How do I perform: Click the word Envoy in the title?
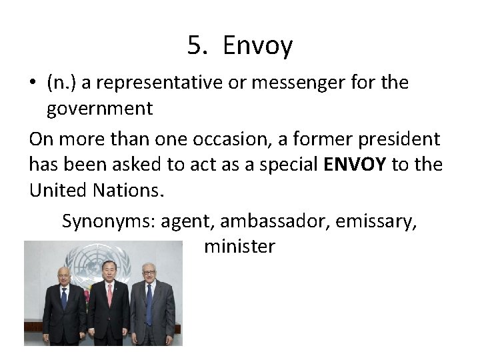[x=258, y=46]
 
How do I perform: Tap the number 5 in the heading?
[x=195, y=46]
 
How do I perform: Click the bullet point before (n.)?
[x=33, y=84]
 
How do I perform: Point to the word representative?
[x=141, y=84]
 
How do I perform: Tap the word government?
[x=99, y=108]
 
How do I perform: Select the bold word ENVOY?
[x=353, y=164]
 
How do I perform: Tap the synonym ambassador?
[x=276, y=221]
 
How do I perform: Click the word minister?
[x=239, y=247]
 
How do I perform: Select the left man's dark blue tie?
[x=64, y=299]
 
